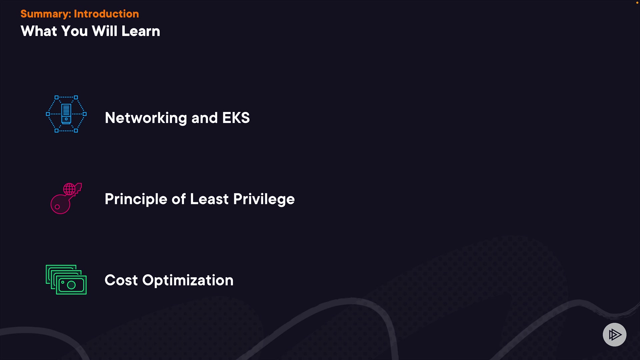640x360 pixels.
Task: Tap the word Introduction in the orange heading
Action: tap(106, 14)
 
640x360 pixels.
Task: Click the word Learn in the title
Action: tap(141, 31)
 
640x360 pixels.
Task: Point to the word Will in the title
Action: tap(105, 31)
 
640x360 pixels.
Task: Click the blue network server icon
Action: tap(66, 114)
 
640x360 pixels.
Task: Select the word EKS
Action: tap(236, 118)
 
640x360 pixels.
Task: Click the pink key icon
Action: tap(66, 198)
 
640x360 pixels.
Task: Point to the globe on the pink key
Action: tap(69, 189)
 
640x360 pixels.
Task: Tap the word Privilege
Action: tap(264, 199)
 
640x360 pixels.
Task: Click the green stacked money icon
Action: tap(66, 280)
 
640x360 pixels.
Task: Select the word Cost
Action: tap(121, 280)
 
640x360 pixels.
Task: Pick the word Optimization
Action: tap(188, 280)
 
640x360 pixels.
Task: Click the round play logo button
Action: tap(615, 335)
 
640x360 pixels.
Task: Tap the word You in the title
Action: tap(75, 31)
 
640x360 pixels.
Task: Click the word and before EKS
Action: tap(205, 118)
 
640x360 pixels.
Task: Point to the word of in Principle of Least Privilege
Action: tap(179, 199)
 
